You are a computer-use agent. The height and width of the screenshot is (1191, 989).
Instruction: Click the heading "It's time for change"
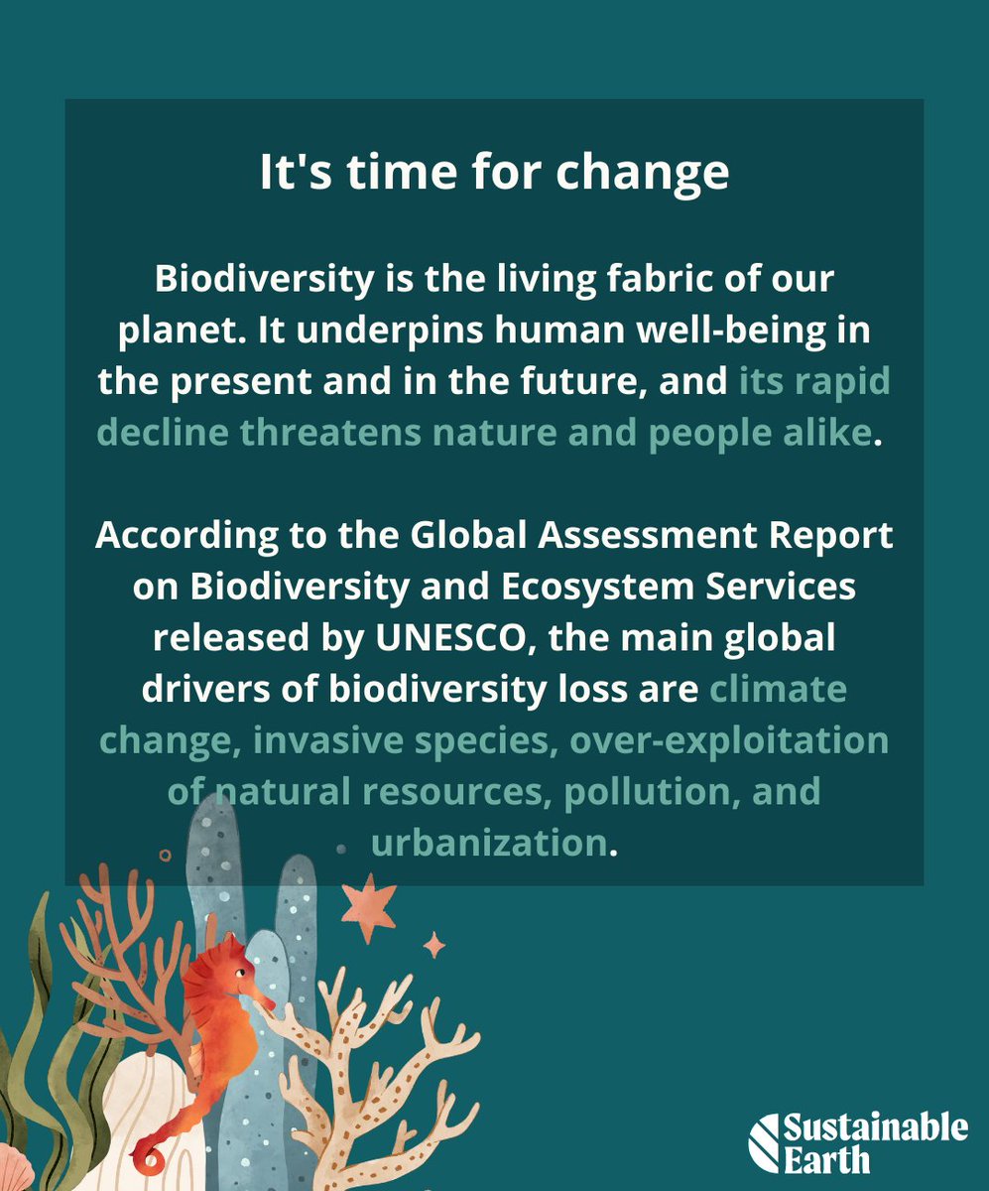click(x=494, y=173)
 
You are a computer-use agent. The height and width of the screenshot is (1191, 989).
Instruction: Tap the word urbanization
click(x=489, y=844)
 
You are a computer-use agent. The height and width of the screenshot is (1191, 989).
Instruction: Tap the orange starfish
click(x=369, y=906)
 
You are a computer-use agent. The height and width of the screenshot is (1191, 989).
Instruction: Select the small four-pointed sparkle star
click(x=434, y=945)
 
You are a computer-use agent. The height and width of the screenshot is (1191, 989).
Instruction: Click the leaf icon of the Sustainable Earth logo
click(x=764, y=1142)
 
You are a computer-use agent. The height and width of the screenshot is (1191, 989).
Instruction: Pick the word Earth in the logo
click(x=825, y=1158)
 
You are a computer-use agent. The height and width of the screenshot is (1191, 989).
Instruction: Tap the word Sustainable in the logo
click(x=875, y=1128)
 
